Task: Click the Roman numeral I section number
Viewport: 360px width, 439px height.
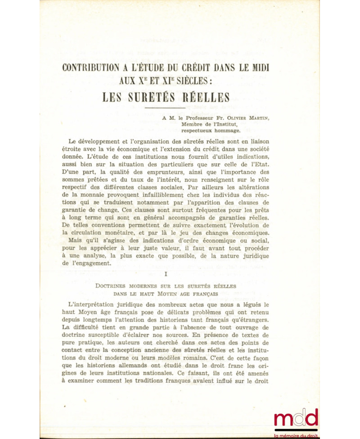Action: pos(166,273)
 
